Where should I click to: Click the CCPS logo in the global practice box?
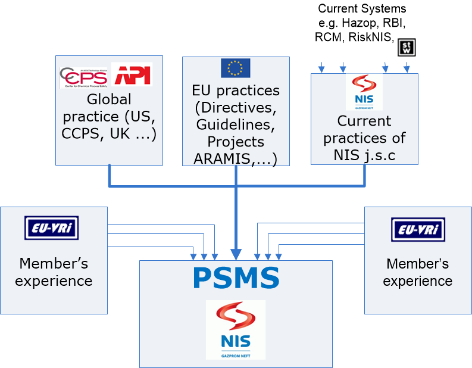[x=84, y=77]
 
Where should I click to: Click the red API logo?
[x=132, y=75]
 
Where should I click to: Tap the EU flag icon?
[x=236, y=68]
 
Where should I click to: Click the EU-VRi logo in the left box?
[x=52, y=228]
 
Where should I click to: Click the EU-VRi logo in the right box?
[x=418, y=229]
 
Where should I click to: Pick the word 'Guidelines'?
[x=236, y=126]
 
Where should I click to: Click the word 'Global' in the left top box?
[x=109, y=99]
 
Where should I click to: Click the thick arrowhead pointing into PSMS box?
[x=236, y=254]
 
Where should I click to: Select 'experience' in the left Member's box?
[x=54, y=280]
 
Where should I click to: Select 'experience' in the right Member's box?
[x=418, y=280]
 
